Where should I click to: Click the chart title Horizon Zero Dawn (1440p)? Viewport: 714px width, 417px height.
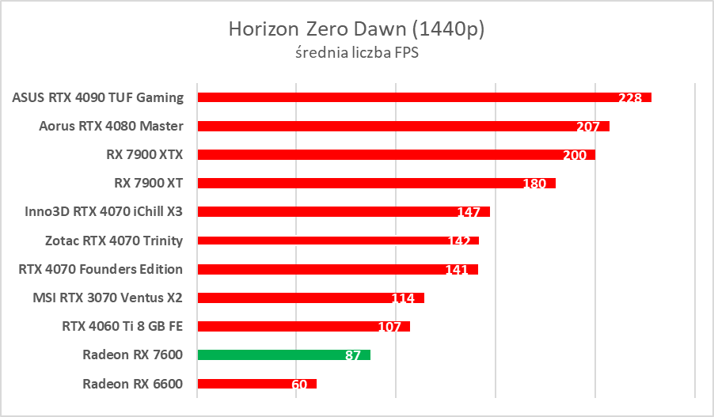tap(356, 29)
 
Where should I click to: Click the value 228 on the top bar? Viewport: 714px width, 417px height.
tap(631, 98)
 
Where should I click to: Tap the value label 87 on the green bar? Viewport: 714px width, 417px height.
tap(353, 355)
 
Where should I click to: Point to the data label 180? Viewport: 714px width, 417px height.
tap(534, 184)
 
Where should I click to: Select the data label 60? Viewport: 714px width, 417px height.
tap(299, 385)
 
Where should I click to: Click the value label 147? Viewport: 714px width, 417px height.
tap(469, 212)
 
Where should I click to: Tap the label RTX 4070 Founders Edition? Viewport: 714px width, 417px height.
tap(101, 269)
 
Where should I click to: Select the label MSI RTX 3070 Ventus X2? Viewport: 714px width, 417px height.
tap(108, 298)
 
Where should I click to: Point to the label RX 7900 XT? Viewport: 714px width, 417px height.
tap(149, 183)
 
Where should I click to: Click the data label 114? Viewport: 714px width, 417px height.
tap(404, 298)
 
